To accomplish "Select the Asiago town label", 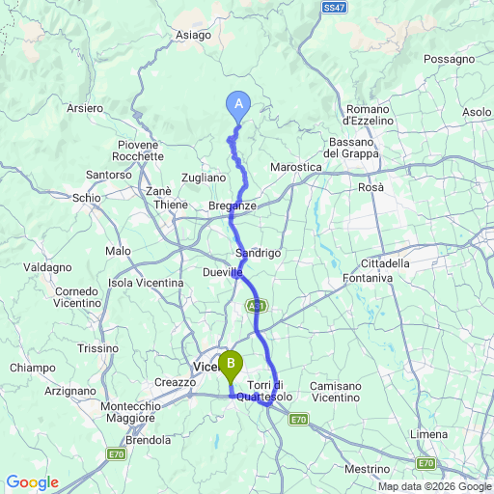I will coord(193,36).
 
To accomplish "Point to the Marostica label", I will coord(295,167).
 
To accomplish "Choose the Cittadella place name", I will coord(385,263).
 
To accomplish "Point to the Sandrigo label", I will coord(258,253).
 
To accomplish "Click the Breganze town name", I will coord(233,206).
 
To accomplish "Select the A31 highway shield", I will coord(255,306).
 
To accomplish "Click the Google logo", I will coord(32,482).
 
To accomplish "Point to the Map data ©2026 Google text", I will coord(434,486).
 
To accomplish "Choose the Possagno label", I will coord(449,59).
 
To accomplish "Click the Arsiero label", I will coord(86,109).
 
